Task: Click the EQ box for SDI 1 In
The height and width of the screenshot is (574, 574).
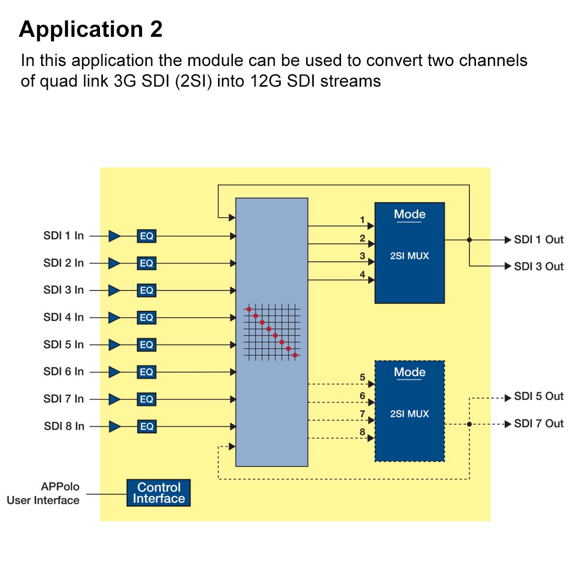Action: point(146,236)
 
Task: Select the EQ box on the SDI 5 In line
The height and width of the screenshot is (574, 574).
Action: point(146,345)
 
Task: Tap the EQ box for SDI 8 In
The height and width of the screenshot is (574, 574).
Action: point(146,427)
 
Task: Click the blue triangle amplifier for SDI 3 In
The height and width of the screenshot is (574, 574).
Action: point(114,290)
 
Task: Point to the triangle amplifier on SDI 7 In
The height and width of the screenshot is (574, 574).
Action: point(114,399)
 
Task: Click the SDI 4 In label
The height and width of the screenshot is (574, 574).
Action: point(63,317)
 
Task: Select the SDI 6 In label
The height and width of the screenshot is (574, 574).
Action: point(63,372)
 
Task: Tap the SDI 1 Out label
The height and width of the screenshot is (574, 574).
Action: point(539,240)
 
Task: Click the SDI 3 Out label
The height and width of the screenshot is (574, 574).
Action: point(539,266)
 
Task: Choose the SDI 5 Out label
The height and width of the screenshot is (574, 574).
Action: point(539,397)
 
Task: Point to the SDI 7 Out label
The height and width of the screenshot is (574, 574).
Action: point(539,424)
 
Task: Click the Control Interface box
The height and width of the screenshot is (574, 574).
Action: point(158,493)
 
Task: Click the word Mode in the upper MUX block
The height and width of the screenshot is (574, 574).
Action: point(409,214)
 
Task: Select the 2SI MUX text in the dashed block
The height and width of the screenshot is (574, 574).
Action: point(409,414)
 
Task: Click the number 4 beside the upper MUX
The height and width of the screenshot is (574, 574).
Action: point(363,275)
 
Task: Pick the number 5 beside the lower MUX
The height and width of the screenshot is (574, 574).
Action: point(363,377)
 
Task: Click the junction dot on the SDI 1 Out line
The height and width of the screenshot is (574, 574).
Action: point(469,240)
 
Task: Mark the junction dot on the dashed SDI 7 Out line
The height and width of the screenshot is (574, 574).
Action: point(469,424)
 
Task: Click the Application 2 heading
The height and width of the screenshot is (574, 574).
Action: point(91,29)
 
